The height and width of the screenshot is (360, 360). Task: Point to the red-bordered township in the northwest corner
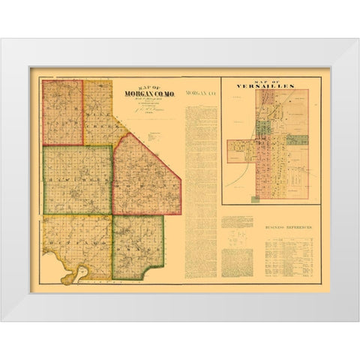pos(62,112)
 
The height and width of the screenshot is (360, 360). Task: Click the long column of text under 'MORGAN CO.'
pos(200,187)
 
